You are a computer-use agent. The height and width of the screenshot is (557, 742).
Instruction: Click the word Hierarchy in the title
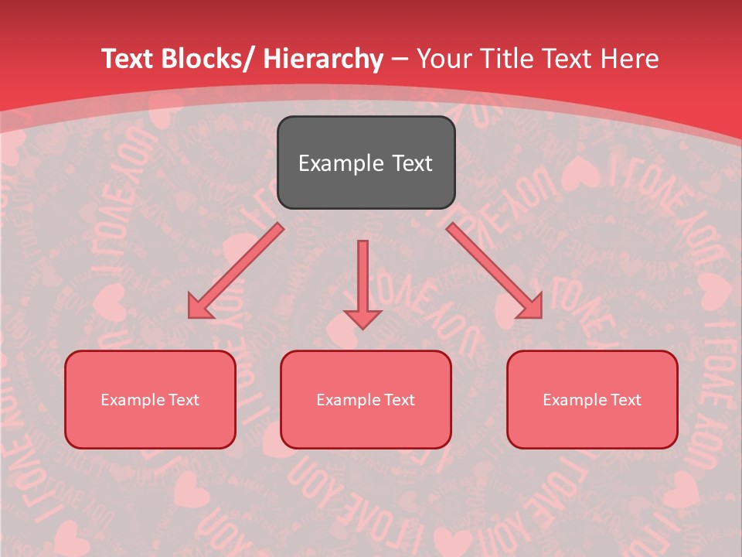pos(322,59)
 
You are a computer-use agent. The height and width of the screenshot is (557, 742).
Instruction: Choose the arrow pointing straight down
pos(362,282)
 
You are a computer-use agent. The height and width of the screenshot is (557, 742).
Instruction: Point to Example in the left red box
pos(133,400)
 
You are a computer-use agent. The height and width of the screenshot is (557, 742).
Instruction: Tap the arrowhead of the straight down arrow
pos(362,318)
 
